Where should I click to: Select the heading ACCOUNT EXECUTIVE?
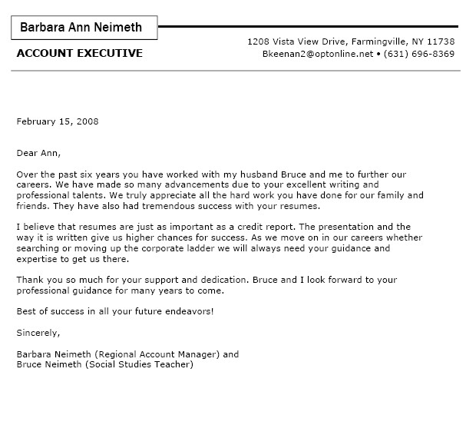click(79, 53)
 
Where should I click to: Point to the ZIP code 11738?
click(441, 41)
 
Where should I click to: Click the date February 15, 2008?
click(58, 121)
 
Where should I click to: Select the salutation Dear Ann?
click(38, 153)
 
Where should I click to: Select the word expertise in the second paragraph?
click(36, 260)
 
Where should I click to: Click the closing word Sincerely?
click(38, 333)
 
